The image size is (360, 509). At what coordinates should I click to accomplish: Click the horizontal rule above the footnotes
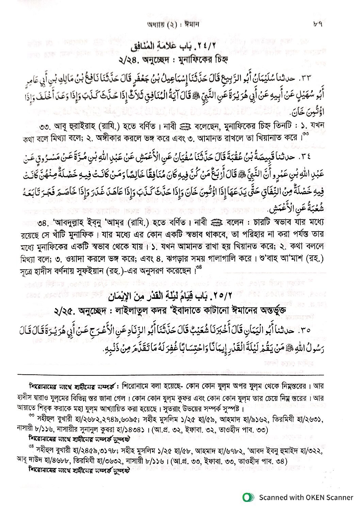170,375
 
